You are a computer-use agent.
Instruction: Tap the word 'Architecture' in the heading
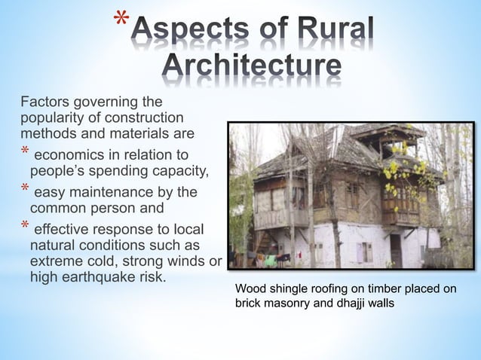tap(252, 68)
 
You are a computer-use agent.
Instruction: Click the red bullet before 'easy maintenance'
tap(25, 191)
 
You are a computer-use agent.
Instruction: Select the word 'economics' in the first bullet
tap(71, 155)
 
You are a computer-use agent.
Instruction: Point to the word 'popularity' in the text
tap(54, 118)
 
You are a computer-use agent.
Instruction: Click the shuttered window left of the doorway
tap(365, 252)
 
